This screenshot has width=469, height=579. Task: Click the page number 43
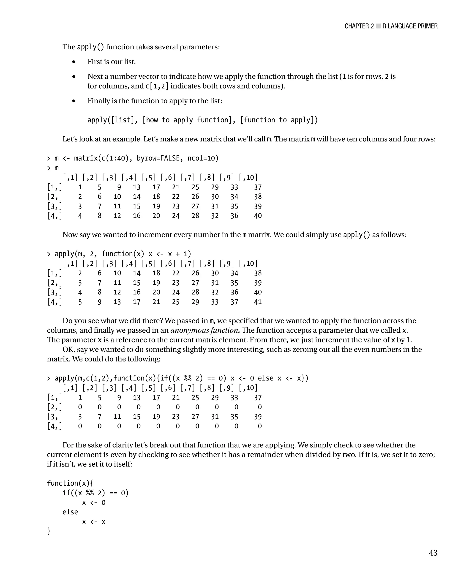(433, 553)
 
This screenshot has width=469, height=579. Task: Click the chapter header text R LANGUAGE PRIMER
(410, 26)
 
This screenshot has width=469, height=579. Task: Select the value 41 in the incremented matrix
(258, 302)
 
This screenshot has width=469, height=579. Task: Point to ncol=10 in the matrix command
(203, 158)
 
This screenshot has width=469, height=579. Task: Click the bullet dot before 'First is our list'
(74, 62)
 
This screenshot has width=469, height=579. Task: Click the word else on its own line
(70, 512)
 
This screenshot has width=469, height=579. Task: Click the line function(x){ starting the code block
(70, 483)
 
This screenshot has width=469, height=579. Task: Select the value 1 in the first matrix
(80, 187)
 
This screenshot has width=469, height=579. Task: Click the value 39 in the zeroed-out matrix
(258, 417)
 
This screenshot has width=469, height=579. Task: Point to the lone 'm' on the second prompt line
(57, 168)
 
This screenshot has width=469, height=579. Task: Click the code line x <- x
(93, 522)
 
